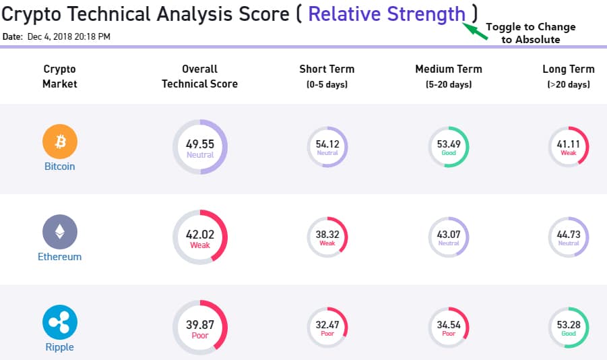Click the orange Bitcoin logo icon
click(x=60, y=142)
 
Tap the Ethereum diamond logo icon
click(x=60, y=233)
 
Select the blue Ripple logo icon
click(x=60, y=322)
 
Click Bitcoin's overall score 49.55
click(x=200, y=144)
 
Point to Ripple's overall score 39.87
click(x=200, y=325)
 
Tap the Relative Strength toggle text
click(x=387, y=14)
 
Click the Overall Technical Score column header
click(x=200, y=76)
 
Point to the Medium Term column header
click(x=449, y=69)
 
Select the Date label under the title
click(x=12, y=36)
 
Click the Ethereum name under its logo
click(x=60, y=257)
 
